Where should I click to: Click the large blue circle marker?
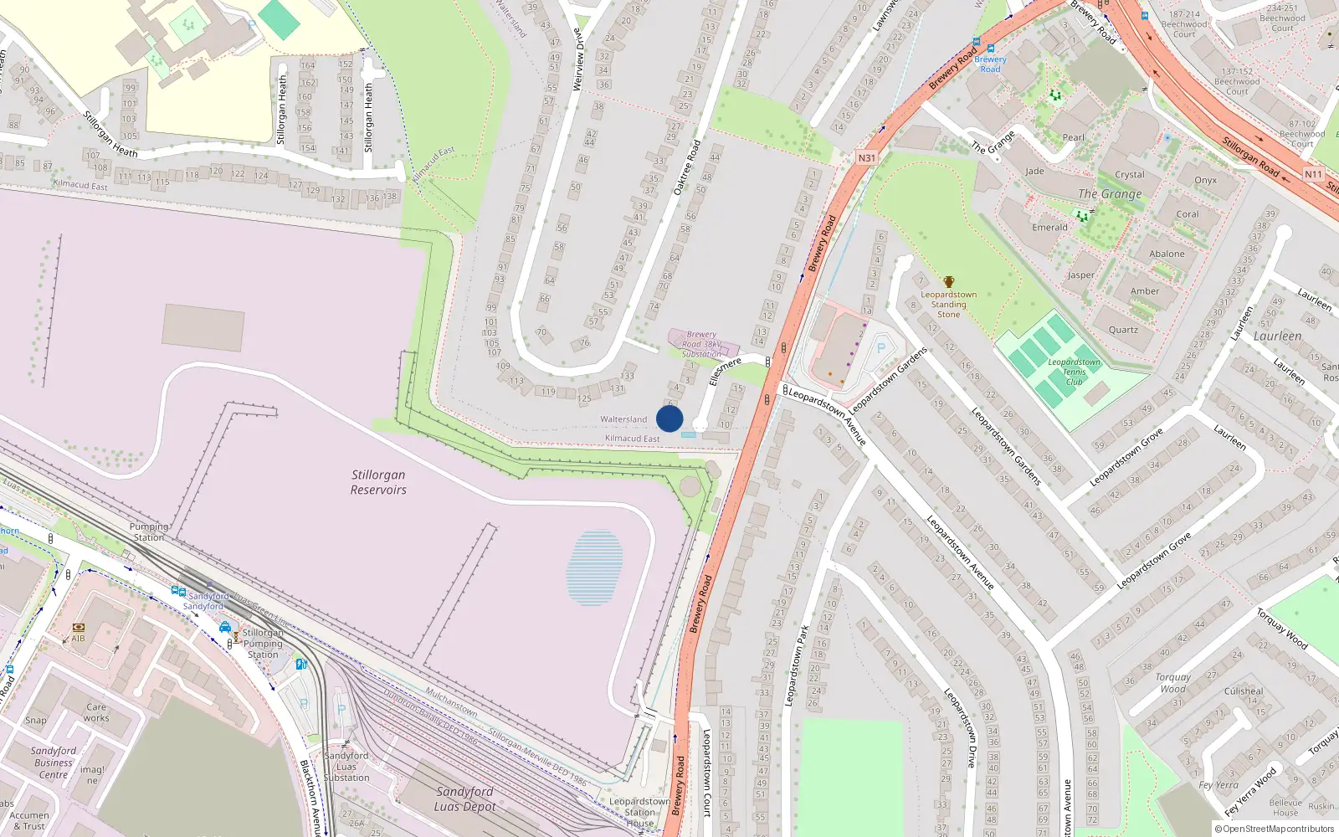[x=669, y=418]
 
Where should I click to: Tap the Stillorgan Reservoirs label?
[x=378, y=482]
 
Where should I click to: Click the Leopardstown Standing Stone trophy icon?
[x=948, y=282]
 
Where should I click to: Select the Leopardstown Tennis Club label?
[x=1074, y=372]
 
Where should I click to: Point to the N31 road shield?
[x=866, y=157]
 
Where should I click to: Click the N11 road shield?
[x=1312, y=174]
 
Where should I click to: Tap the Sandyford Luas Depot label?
[x=464, y=798]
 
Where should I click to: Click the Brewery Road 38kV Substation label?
[x=701, y=344]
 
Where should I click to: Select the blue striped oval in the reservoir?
[x=594, y=567]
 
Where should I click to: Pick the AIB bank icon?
[x=79, y=627]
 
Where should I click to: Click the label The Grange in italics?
[x=1110, y=193]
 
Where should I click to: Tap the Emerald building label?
[x=1049, y=227]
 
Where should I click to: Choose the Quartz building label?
[x=1123, y=329]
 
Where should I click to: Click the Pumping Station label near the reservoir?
[x=149, y=531]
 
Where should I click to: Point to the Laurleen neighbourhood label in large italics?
[x=1277, y=336]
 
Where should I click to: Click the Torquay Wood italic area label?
[x=1173, y=683]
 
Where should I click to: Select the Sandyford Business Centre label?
[x=54, y=763]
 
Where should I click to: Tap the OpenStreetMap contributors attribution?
[x=1274, y=829]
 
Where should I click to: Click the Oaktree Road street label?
[x=687, y=167]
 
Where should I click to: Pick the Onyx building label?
[x=1205, y=180]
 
